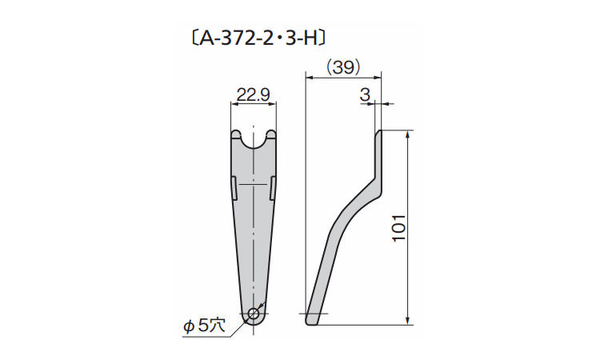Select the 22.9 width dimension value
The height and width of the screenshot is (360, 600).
pyautogui.click(x=253, y=94)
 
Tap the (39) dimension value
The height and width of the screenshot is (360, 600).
pyautogui.click(x=343, y=68)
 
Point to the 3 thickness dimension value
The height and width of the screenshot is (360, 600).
pyautogui.click(x=366, y=94)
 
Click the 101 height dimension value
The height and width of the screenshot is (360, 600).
pyautogui.click(x=399, y=228)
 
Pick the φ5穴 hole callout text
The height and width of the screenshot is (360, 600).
pyautogui.click(x=204, y=326)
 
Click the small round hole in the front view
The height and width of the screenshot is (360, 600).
pyautogui.click(x=254, y=314)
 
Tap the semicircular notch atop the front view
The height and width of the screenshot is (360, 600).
pyautogui.click(x=254, y=141)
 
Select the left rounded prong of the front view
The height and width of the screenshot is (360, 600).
pyautogui.click(x=236, y=134)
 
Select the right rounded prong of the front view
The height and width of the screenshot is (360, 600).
pyautogui.click(x=271, y=134)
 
